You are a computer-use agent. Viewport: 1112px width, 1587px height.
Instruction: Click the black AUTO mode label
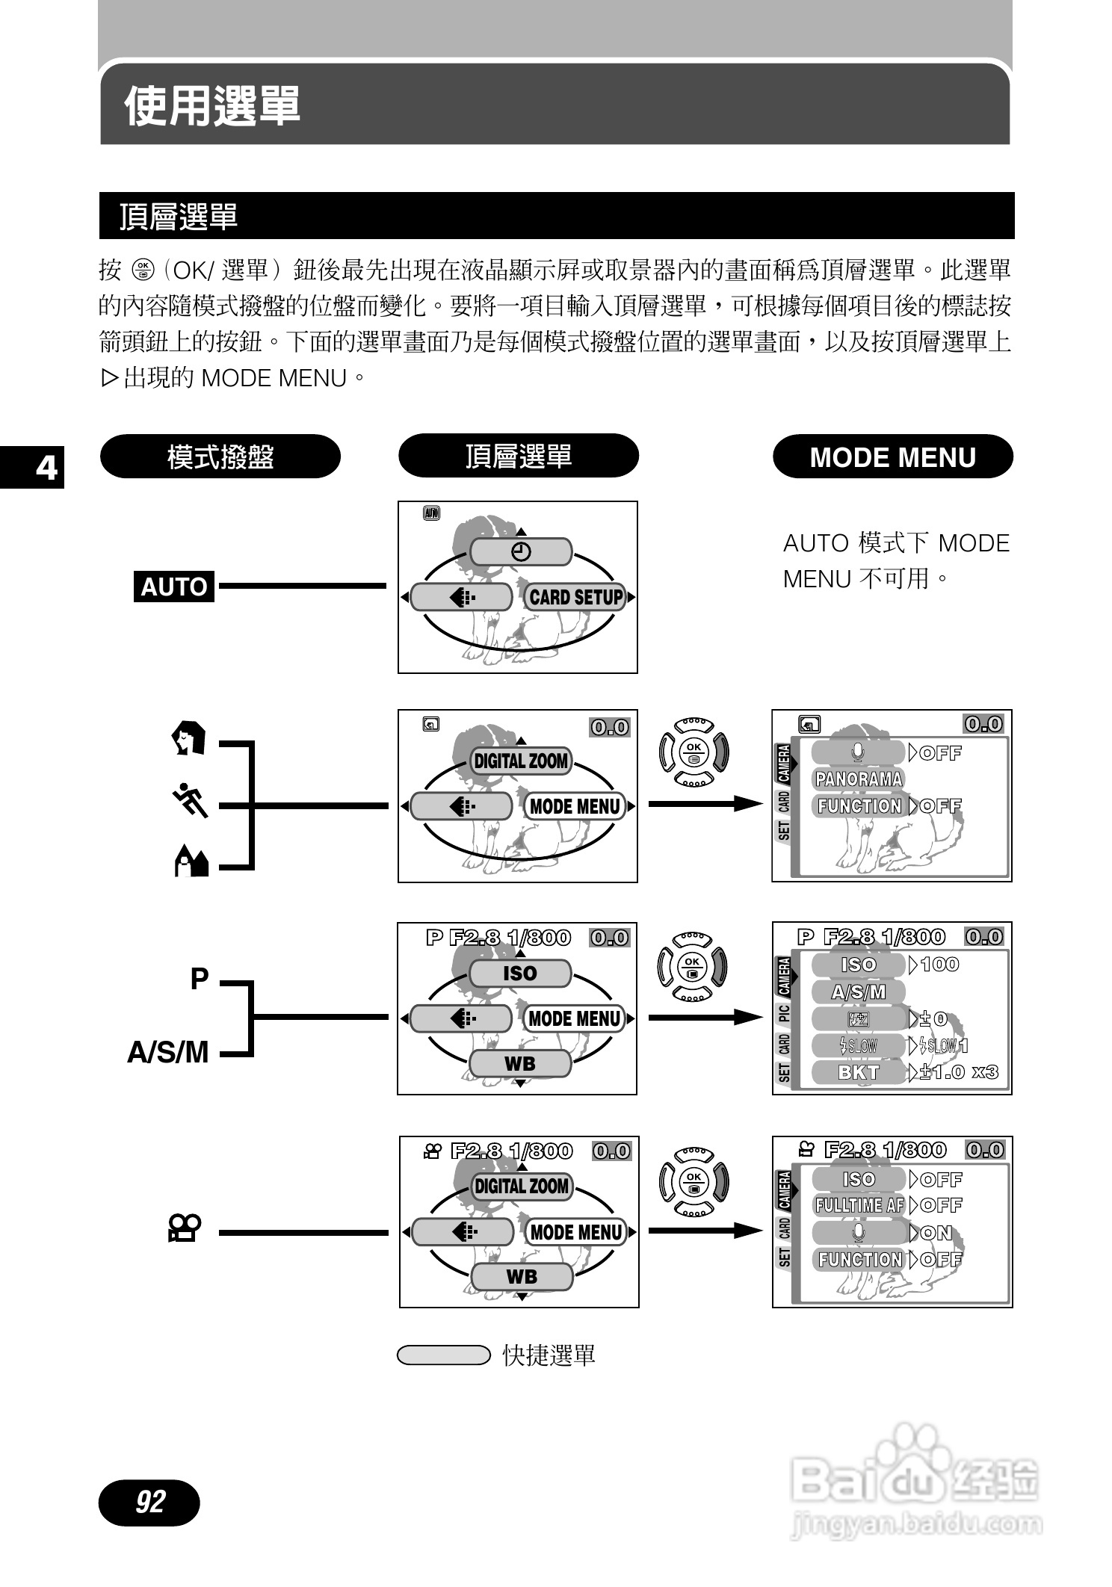pyautogui.click(x=174, y=587)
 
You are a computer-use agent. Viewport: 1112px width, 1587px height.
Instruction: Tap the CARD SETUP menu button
pyautogui.click(x=575, y=597)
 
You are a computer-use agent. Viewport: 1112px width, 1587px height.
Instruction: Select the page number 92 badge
pyautogui.click(x=149, y=1501)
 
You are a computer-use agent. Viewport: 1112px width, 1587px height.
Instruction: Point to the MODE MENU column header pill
pyautogui.click(x=892, y=457)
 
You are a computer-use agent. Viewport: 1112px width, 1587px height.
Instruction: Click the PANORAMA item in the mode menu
pyautogui.click(x=859, y=779)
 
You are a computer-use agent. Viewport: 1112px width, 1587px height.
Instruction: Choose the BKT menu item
pyautogui.click(x=859, y=1072)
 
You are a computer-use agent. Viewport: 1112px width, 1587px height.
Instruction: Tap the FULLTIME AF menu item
pyautogui.click(x=859, y=1205)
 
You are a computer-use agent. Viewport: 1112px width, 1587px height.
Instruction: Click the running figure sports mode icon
pyautogui.click(x=190, y=801)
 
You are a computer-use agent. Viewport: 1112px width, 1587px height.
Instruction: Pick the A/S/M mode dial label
pyautogui.click(x=168, y=1052)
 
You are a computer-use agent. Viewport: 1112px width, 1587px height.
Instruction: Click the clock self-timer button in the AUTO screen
pyautogui.click(x=521, y=552)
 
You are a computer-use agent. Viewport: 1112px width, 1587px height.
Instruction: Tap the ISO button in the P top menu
pyautogui.click(x=520, y=974)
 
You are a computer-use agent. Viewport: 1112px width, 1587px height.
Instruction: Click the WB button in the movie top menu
pyautogui.click(x=522, y=1277)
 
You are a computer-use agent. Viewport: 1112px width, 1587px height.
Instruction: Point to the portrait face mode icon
pyautogui.click(x=188, y=738)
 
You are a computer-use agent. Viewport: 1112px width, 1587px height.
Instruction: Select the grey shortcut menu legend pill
pyautogui.click(x=443, y=1355)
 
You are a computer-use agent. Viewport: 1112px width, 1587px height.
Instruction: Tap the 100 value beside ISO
pyautogui.click(x=939, y=965)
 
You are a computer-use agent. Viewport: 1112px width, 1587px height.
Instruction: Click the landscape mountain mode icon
pyautogui.click(x=191, y=861)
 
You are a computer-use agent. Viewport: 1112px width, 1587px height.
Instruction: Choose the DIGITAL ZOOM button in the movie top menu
pyautogui.click(x=522, y=1186)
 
